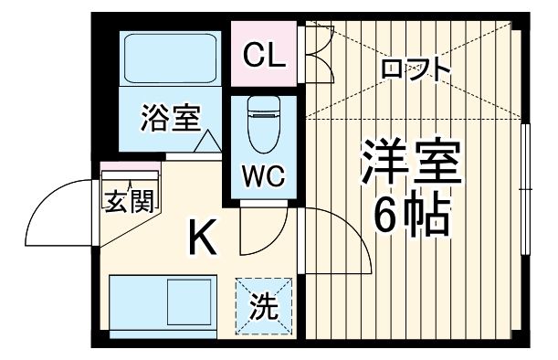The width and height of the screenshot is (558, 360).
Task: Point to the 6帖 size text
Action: (413, 216)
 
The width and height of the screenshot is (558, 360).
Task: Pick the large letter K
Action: (202, 240)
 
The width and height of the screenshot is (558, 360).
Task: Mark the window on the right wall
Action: (526, 187)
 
